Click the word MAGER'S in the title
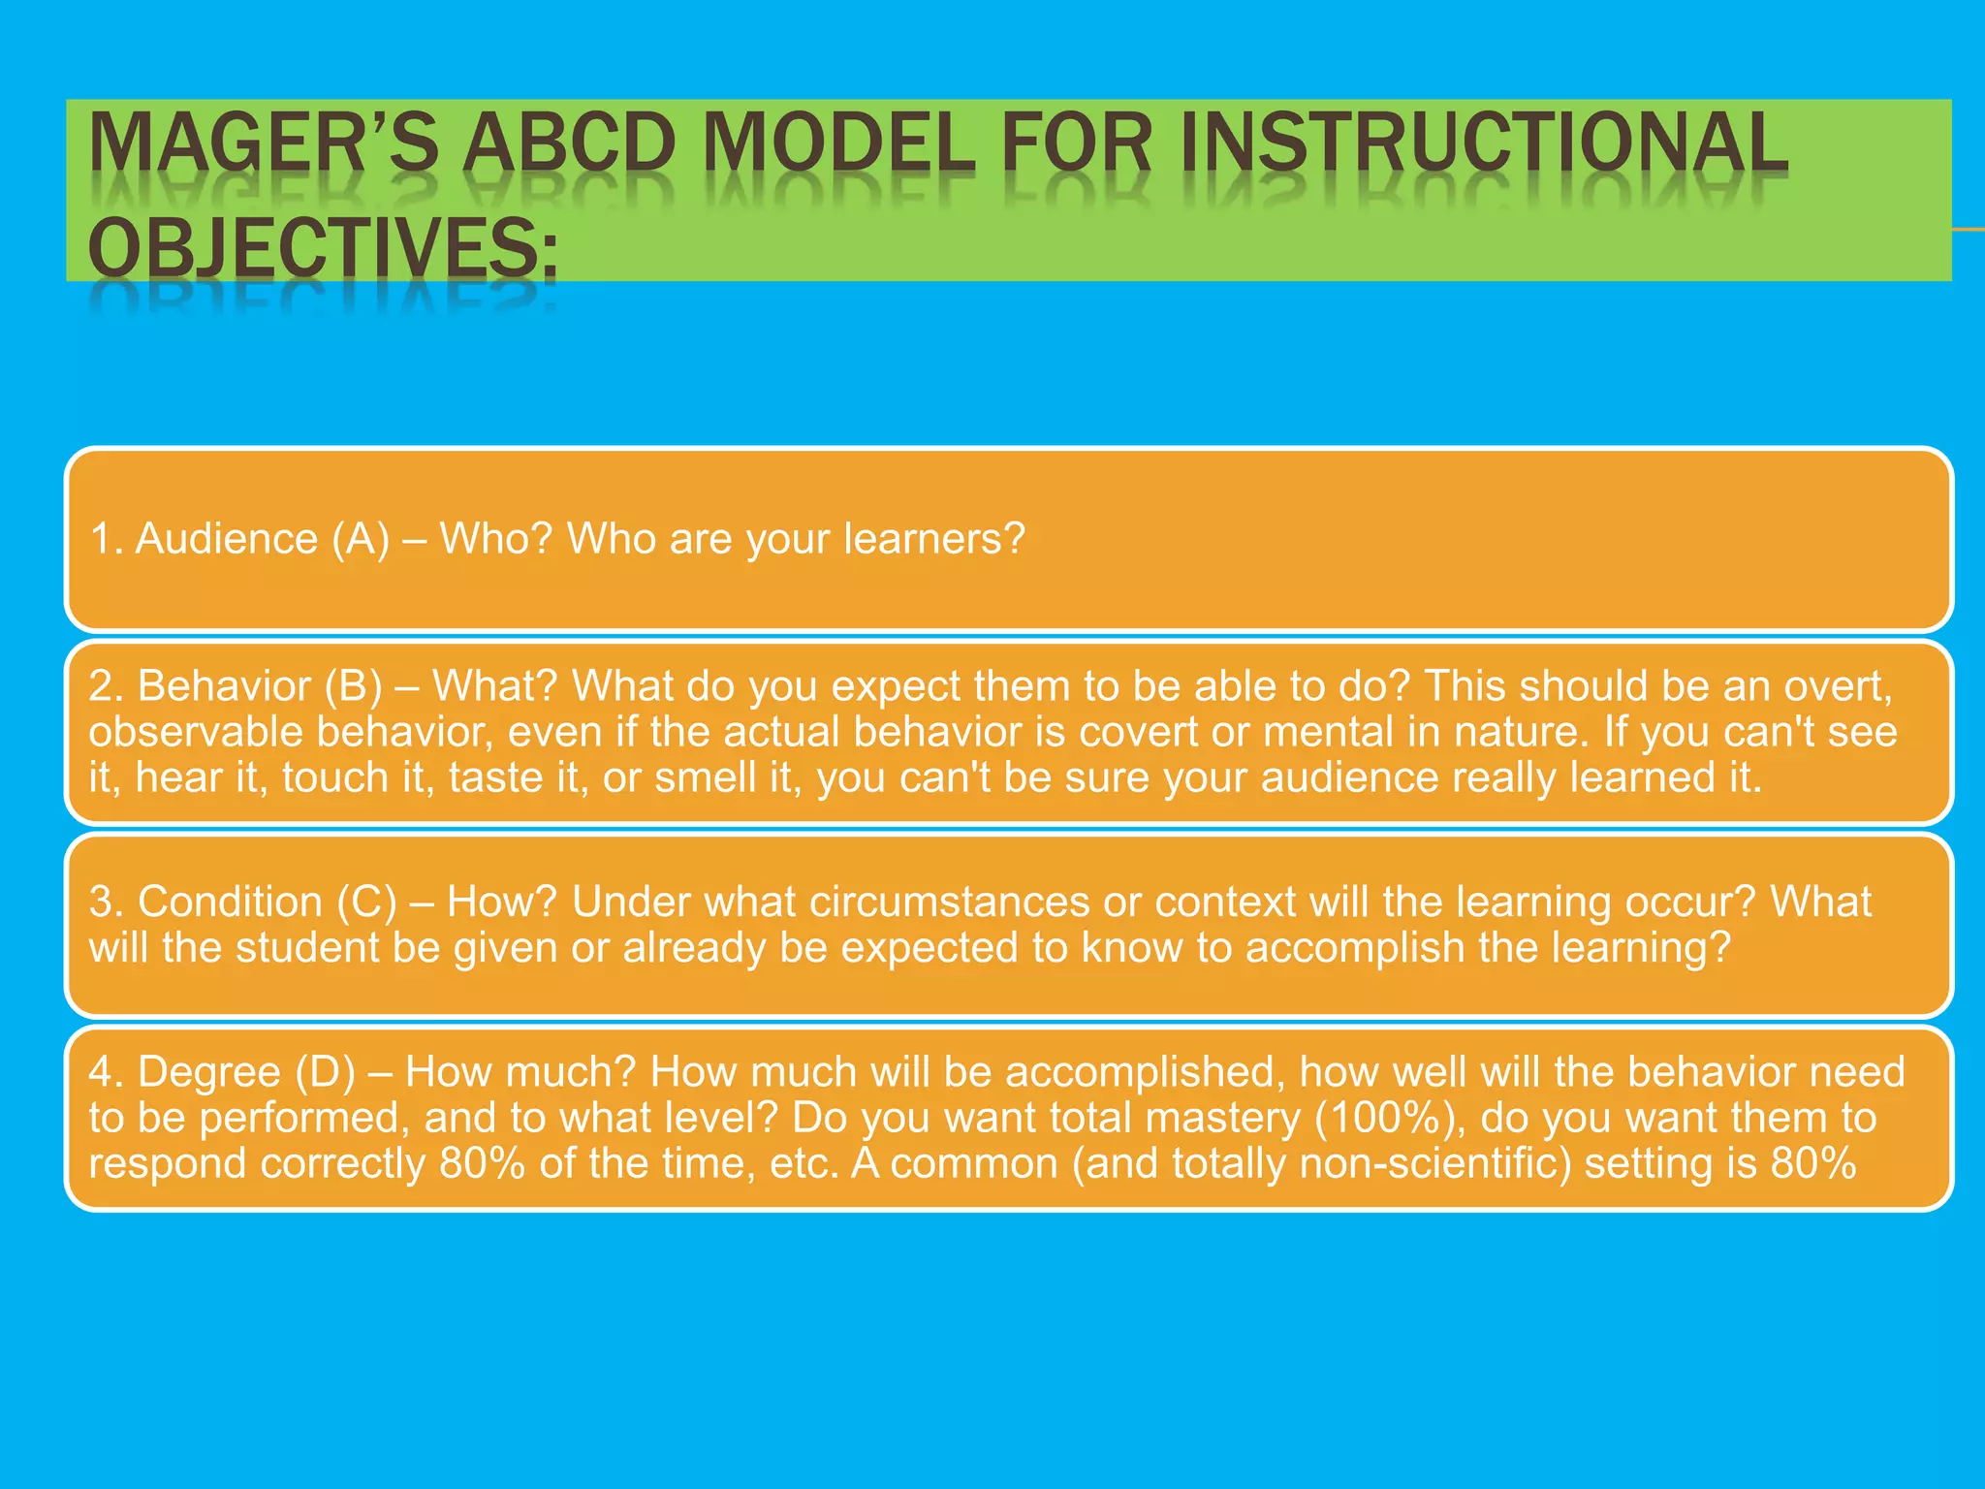pyautogui.click(x=264, y=143)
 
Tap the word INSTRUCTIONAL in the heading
pyautogui.click(x=1483, y=143)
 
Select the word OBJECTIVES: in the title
pyautogui.click(x=323, y=247)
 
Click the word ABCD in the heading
pyautogui.click(x=569, y=143)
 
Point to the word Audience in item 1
pyautogui.click(x=227, y=538)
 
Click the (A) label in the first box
pyautogui.click(x=361, y=538)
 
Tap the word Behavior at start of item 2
pyautogui.click(x=224, y=686)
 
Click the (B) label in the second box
pyautogui.click(x=355, y=686)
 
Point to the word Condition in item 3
pyautogui.click(x=230, y=903)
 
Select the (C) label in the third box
pyautogui.click(x=367, y=903)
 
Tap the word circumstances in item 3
pyautogui.click(x=949, y=903)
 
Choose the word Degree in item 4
pyautogui.click(x=209, y=1072)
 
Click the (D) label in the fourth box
pyautogui.click(x=326, y=1072)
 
